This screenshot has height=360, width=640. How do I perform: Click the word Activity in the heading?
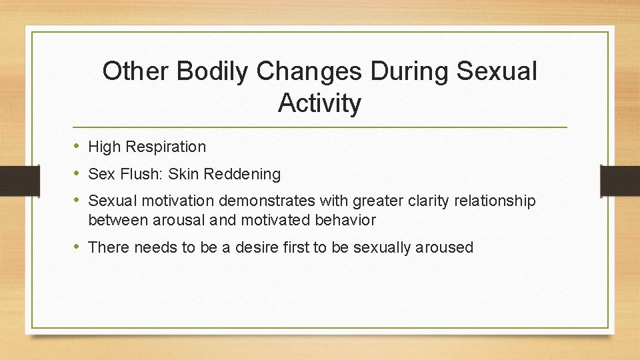pyautogui.click(x=320, y=103)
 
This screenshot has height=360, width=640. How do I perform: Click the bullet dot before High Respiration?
pyautogui.click(x=76, y=146)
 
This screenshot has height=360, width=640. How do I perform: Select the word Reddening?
pyautogui.click(x=243, y=175)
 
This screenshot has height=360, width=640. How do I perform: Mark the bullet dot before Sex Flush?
pyautogui.click(x=76, y=174)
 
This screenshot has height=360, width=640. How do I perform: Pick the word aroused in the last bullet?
pyautogui.click(x=445, y=248)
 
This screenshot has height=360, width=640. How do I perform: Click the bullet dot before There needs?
pyautogui.click(x=76, y=247)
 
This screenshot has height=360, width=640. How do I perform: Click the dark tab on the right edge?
pyautogui.click(x=619, y=179)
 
